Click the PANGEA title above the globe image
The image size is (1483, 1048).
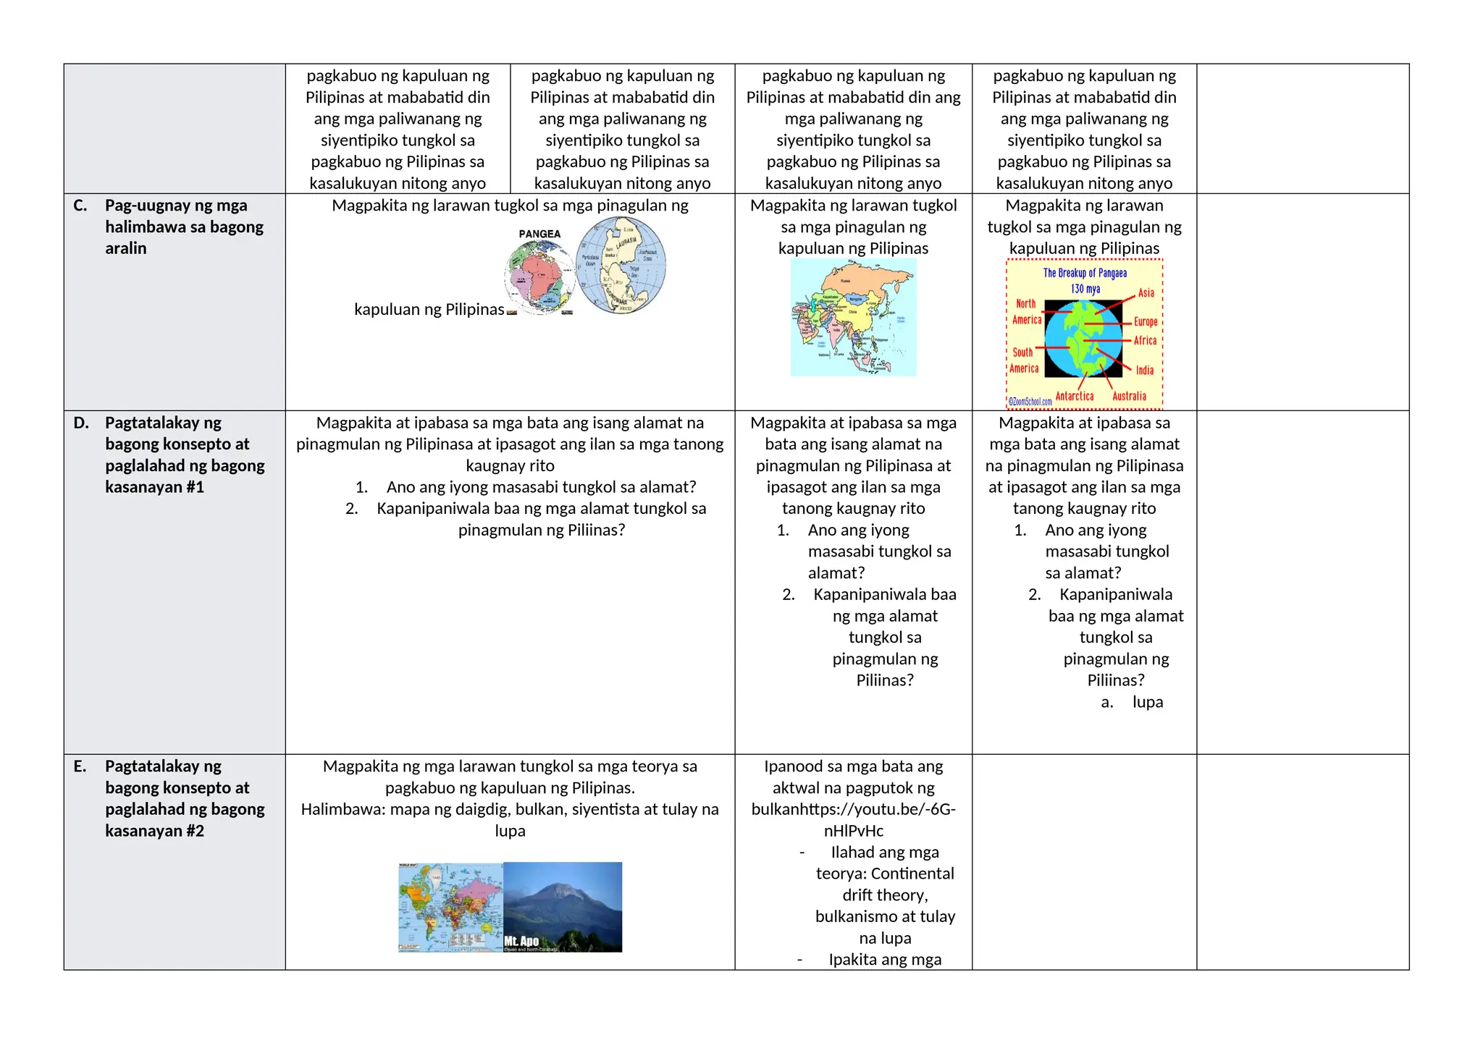(x=539, y=234)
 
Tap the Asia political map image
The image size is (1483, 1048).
(x=853, y=318)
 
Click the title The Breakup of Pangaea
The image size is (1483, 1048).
(x=1085, y=273)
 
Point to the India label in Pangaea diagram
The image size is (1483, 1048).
(x=1145, y=371)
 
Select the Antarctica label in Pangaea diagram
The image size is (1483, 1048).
(x=1075, y=396)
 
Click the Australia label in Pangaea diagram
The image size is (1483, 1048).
(x=1129, y=396)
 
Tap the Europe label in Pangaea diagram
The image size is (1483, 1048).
(x=1146, y=322)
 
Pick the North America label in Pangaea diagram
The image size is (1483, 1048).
(x=1027, y=312)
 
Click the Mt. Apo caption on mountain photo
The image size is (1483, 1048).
(x=521, y=941)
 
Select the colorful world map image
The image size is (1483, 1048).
(x=450, y=907)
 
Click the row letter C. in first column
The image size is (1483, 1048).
(x=80, y=206)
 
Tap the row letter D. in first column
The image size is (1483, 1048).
(x=81, y=423)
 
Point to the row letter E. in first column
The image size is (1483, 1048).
(x=80, y=766)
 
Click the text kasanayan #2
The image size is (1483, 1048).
(x=154, y=831)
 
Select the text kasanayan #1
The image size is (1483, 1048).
(x=154, y=487)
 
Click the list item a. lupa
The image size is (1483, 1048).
(x=1133, y=702)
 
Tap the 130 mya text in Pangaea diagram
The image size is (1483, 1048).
(x=1085, y=289)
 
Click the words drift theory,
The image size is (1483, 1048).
(x=885, y=895)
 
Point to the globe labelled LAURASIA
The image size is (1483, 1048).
(x=621, y=265)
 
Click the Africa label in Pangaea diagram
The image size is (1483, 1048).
(x=1145, y=341)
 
